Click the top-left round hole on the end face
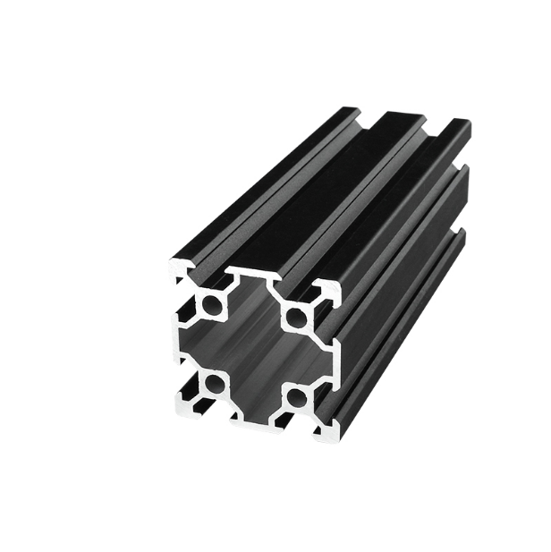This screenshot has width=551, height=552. (x=213, y=305)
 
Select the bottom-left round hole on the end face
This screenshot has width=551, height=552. (x=215, y=384)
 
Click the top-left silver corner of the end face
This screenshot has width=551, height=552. (x=178, y=267)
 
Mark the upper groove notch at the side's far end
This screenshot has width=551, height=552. (x=464, y=165)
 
